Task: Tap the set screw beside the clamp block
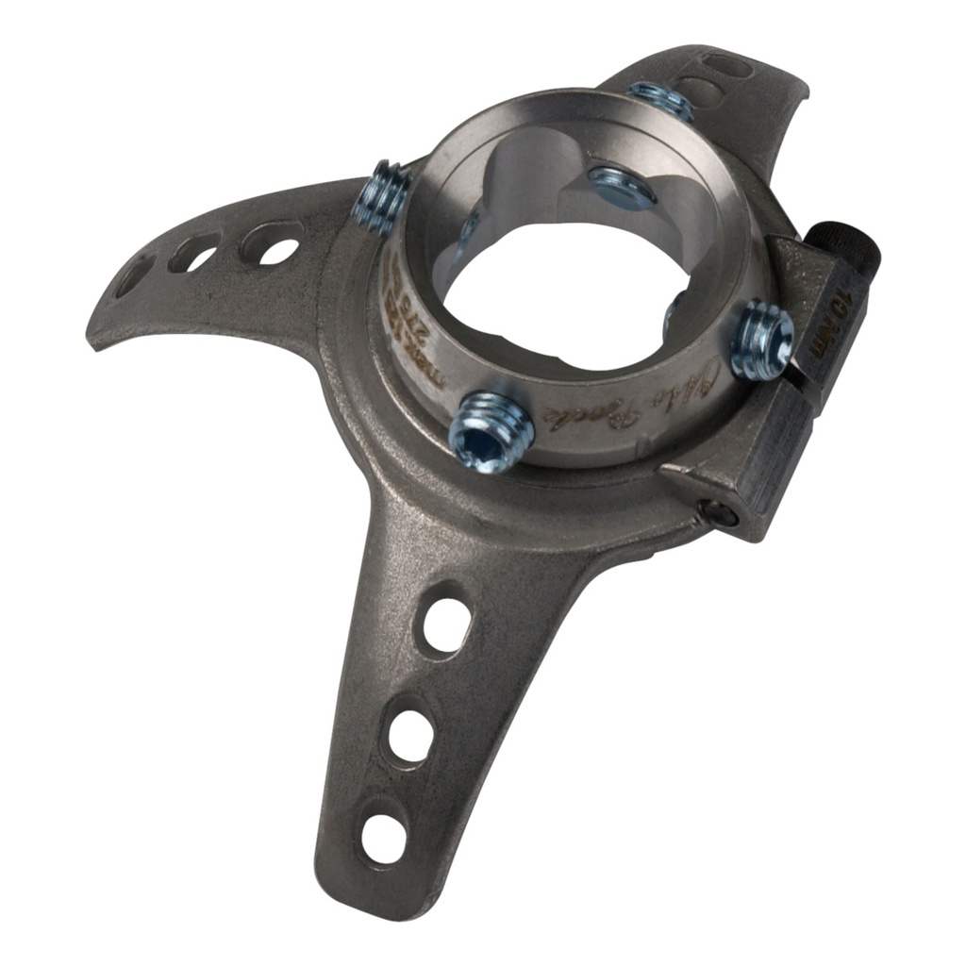(x=760, y=338)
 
